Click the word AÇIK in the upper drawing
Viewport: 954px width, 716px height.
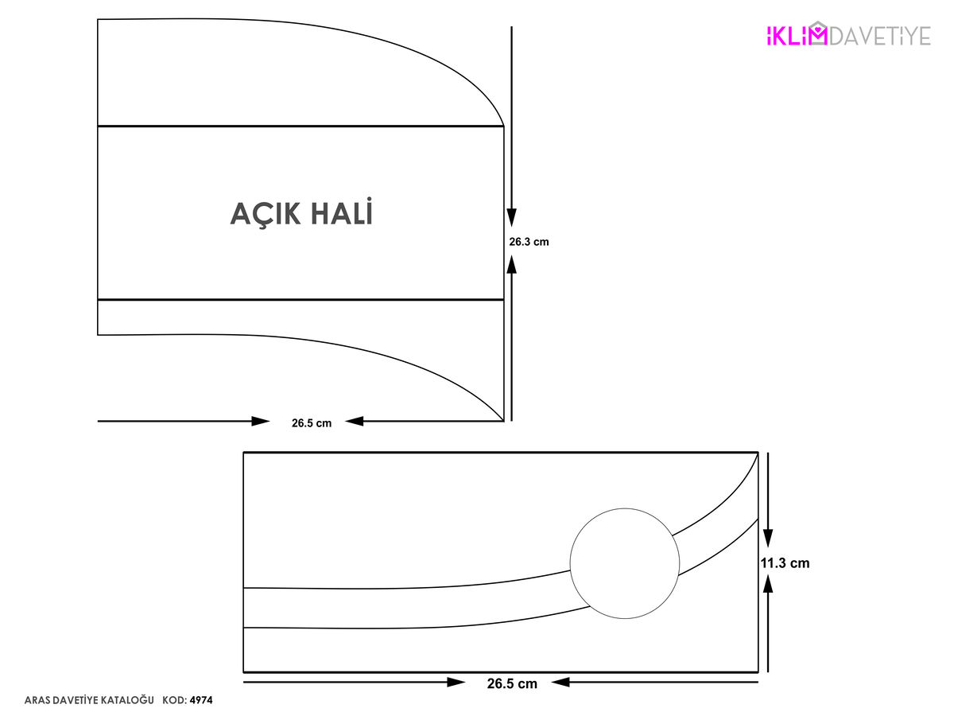tap(265, 214)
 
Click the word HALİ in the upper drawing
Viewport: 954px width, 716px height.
tap(342, 212)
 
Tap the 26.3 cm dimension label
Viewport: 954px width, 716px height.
tap(529, 242)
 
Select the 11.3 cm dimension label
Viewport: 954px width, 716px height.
tap(785, 563)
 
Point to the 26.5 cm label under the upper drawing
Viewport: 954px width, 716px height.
tap(311, 423)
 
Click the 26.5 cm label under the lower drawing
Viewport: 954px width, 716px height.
tap(511, 683)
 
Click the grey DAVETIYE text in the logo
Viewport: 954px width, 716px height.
tap(880, 36)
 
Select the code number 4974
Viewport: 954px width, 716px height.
tap(201, 700)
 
